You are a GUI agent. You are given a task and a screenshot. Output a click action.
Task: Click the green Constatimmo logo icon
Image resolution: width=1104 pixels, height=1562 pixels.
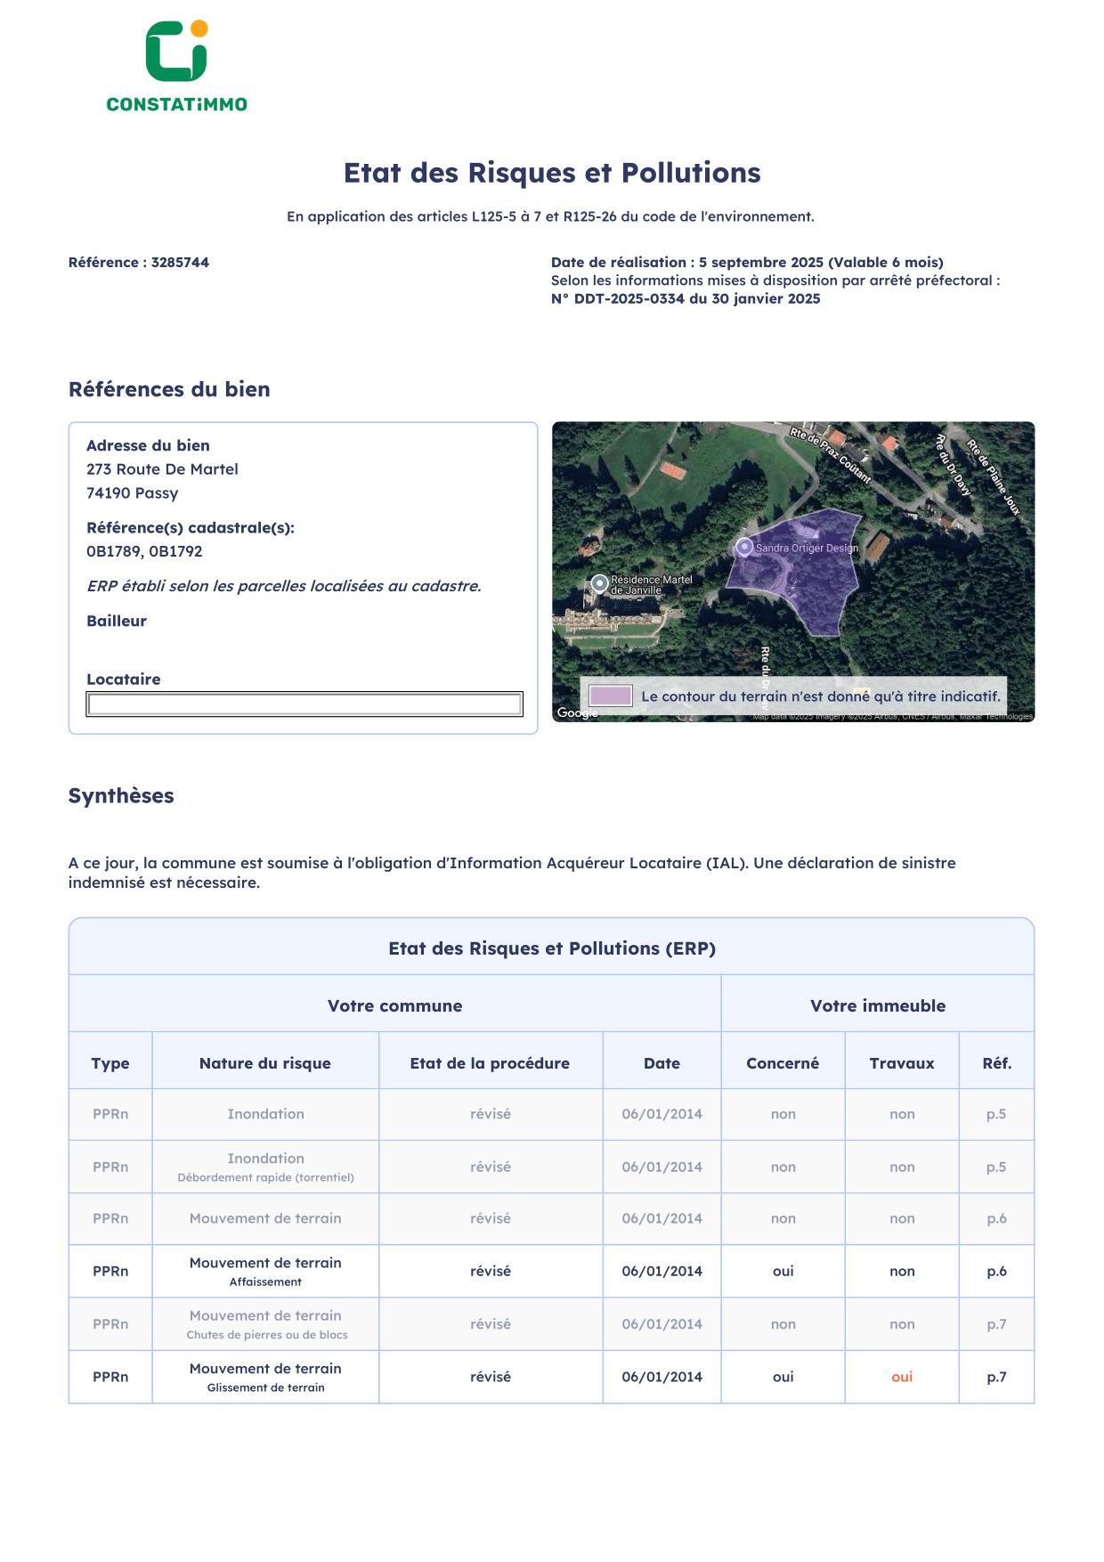click(x=176, y=52)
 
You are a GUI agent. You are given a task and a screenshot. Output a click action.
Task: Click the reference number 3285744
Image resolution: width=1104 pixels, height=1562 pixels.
click(x=180, y=263)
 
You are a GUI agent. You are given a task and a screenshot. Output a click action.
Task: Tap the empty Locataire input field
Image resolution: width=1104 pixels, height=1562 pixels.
click(x=304, y=704)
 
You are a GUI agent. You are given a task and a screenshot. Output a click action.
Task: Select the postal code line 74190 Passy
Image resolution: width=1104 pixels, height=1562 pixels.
click(x=132, y=493)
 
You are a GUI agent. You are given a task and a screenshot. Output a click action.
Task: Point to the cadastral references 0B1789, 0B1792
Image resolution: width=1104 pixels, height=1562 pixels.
click(x=144, y=552)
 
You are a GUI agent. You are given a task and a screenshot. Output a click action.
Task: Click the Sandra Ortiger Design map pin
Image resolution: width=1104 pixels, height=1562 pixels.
click(x=744, y=548)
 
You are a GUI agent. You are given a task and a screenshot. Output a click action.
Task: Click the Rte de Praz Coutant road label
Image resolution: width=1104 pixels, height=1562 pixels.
click(x=831, y=455)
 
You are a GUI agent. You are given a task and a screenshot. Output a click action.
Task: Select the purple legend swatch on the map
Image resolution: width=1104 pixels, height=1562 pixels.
click(x=611, y=696)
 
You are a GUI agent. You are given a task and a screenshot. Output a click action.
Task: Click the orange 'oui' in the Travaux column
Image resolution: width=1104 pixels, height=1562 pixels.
click(x=902, y=1378)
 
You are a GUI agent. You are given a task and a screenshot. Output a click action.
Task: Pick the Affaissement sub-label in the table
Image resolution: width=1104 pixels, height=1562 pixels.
click(x=265, y=1282)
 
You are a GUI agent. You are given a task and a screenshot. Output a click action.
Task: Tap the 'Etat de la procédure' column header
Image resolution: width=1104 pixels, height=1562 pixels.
click(x=490, y=1063)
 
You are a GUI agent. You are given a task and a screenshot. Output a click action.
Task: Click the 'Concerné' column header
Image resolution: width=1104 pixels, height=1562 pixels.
click(x=783, y=1063)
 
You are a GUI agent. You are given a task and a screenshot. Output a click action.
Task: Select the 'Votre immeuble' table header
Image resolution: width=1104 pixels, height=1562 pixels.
click(x=878, y=1006)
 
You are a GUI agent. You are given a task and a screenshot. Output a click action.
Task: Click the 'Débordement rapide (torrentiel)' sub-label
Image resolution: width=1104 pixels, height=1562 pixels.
click(x=265, y=1178)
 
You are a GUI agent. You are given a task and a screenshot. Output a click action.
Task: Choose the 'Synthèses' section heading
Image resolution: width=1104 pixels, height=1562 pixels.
click(x=121, y=796)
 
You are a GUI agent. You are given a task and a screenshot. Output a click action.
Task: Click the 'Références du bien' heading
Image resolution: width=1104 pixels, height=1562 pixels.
click(x=169, y=389)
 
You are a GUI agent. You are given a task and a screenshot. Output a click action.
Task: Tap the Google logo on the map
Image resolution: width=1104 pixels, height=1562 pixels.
click(x=576, y=712)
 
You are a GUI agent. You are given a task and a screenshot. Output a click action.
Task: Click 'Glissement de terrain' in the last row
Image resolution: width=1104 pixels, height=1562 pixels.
click(x=265, y=1387)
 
